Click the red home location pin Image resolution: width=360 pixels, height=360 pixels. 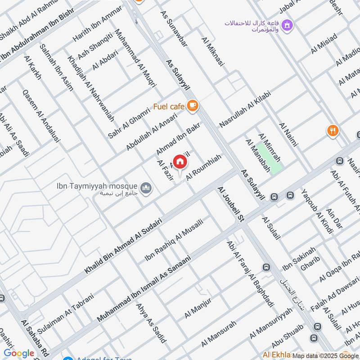coord(180,161)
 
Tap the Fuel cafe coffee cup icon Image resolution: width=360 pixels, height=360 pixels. coord(193,106)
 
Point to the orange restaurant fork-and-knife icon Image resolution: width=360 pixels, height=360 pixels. coord(333,131)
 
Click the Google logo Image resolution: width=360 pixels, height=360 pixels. coord(19,353)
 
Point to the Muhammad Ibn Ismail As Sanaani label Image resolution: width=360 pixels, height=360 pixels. coord(144,288)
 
